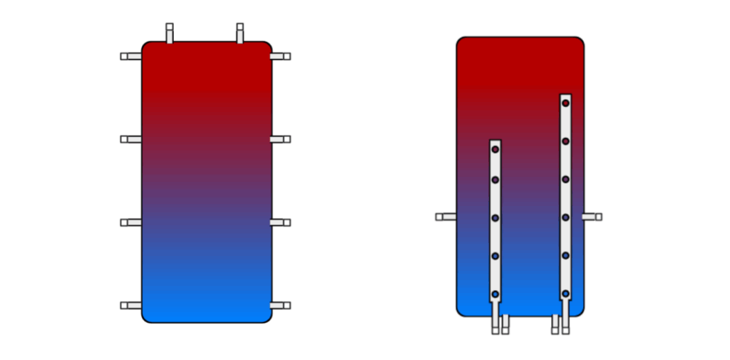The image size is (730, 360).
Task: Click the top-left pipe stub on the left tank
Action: pos(170,32)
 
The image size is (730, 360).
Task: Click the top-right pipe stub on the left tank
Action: pos(240,32)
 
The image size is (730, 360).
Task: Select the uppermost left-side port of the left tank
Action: pos(130,56)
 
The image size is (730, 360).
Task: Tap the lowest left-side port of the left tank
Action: pos(130,305)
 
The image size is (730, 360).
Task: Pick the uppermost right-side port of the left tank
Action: pos(281,56)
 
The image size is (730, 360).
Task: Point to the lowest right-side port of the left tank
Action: pos(281,305)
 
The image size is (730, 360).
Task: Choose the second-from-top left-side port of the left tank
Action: pos(130,139)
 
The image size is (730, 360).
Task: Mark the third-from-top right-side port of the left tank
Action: pos(281,222)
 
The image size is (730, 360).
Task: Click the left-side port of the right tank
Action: pos(446,217)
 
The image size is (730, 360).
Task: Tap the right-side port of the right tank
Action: pos(592,217)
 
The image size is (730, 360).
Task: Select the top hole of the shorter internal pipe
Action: pos(495,149)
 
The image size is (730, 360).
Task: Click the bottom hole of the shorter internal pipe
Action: pos(495,294)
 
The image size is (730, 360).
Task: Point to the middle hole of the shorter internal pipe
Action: pos(495,217)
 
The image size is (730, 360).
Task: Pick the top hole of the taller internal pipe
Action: pos(565,103)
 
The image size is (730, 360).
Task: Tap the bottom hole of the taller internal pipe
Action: pos(565,293)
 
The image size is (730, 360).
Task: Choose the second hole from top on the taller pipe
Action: pos(565,141)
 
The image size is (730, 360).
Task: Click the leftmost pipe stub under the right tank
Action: pos(495,326)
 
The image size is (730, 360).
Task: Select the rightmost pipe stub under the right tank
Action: pos(565,326)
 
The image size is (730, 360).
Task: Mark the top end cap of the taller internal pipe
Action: pos(565,96)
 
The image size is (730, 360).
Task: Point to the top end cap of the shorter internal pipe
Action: pos(495,141)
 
